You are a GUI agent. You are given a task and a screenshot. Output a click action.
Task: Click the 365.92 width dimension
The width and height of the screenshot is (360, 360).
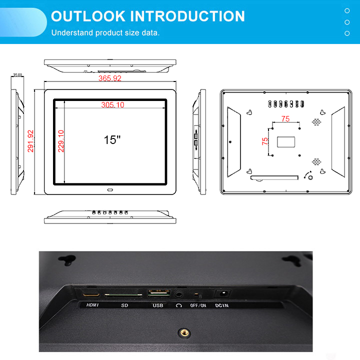click(109, 78)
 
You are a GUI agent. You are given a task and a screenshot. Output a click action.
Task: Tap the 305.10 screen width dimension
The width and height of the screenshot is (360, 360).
click(112, 105)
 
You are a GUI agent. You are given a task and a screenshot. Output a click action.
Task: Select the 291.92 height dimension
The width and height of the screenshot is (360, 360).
click(30, 141)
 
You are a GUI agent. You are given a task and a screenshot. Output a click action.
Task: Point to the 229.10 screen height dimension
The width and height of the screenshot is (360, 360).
click(61, 141)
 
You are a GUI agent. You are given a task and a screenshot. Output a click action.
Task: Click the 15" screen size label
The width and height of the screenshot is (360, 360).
click(112, 139)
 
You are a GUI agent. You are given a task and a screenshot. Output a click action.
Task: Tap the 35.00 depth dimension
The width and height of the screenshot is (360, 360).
click(17, 75)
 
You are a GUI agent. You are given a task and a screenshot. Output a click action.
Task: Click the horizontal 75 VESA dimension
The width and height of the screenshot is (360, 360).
click(285, 118)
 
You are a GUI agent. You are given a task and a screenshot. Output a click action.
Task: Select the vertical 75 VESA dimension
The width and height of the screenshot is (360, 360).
click(264, 141)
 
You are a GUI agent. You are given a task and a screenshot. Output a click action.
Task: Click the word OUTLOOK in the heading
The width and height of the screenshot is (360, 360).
click(88, 16)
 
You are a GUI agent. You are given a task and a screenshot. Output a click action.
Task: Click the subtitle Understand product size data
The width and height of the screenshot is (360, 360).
click(105, 32)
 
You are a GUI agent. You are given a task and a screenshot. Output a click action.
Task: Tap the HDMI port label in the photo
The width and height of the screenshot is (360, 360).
click(92, 305)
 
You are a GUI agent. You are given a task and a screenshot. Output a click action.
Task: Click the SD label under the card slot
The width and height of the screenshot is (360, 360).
click(124, 305)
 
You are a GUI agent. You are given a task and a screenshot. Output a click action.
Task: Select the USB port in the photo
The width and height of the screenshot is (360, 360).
click(159, 293)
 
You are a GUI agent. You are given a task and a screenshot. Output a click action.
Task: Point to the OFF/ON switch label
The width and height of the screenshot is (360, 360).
click(198, 305)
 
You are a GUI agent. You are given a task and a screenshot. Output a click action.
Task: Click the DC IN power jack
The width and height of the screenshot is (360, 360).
click(222, 293)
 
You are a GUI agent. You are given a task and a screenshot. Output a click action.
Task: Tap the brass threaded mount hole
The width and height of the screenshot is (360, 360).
click(184, 332)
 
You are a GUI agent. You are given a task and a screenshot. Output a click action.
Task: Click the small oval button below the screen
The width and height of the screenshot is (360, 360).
click(110, 190)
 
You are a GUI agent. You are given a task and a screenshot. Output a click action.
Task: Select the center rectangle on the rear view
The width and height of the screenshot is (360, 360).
click(286, 142)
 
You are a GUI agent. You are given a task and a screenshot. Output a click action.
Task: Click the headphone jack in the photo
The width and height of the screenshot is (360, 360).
click(179, 294)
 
